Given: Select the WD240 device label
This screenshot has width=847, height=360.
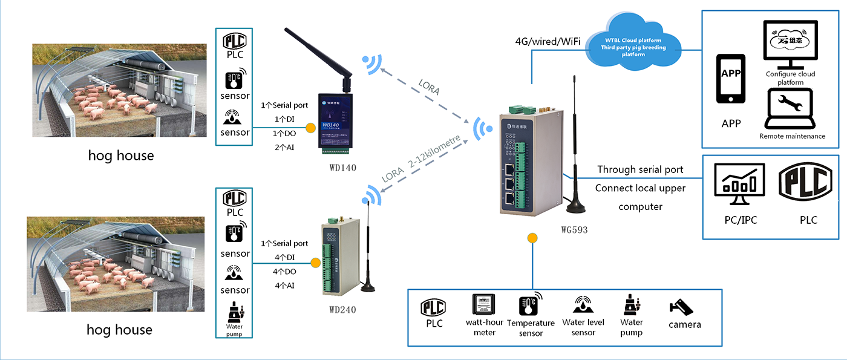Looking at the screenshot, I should tap(342, 310).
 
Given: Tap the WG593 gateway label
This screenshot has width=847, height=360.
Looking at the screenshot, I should tap(574, 229).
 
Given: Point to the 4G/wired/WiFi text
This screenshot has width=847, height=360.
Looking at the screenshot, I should tap(548, 42).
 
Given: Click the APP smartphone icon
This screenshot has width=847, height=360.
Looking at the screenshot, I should tap(731, 79).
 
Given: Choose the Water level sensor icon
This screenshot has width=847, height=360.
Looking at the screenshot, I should tap(583, 306).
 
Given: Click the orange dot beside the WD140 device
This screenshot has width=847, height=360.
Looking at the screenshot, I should tap(310, 128).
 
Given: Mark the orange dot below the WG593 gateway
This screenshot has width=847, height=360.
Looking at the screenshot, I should tap(532, 238).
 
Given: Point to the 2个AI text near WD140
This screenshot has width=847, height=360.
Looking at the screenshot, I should tap(284, 147).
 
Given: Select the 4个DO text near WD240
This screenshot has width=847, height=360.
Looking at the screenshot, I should tap(284, 272).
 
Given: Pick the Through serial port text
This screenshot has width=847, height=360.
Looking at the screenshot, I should tap(640, 169).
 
